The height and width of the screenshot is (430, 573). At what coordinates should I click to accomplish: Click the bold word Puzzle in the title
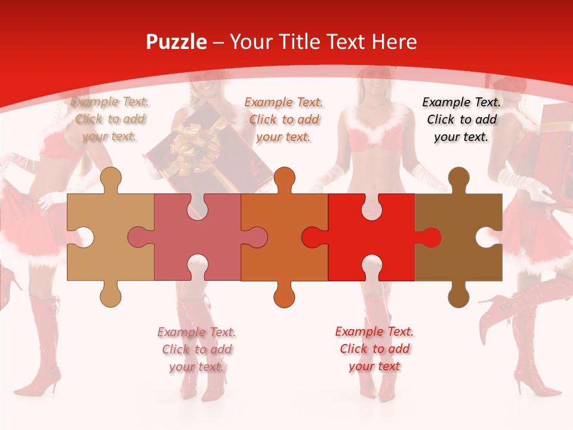click(177, 42)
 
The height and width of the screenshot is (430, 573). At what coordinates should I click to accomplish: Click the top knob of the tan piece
click(110, 179)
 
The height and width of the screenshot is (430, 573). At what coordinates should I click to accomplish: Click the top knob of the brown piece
click(458, 179)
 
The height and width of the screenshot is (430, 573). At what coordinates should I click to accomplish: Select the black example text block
click(461, 119)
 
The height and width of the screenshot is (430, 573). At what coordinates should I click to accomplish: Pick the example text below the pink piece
click(197, 349)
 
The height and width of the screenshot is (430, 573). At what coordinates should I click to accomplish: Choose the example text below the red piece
click(374, 349)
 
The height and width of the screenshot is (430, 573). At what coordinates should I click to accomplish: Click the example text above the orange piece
click(284, 119)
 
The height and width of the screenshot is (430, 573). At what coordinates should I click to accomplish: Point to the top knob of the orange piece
click(284, 179)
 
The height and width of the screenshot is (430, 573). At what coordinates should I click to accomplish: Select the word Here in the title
click(394, 42)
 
